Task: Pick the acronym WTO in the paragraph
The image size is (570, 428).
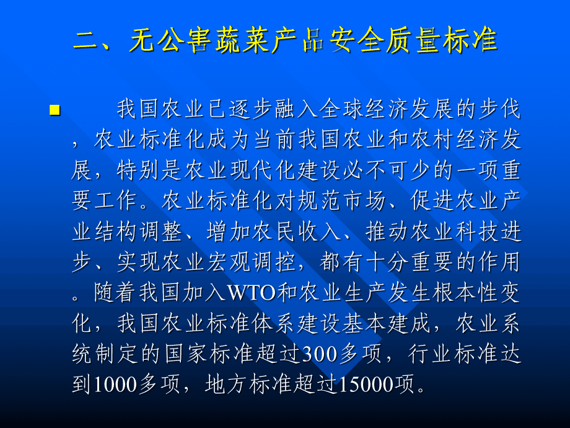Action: [x=252, y=293]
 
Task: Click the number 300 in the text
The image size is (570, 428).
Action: [x=320, y=354]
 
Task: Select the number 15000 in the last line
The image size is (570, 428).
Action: [x=365, y=385]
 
